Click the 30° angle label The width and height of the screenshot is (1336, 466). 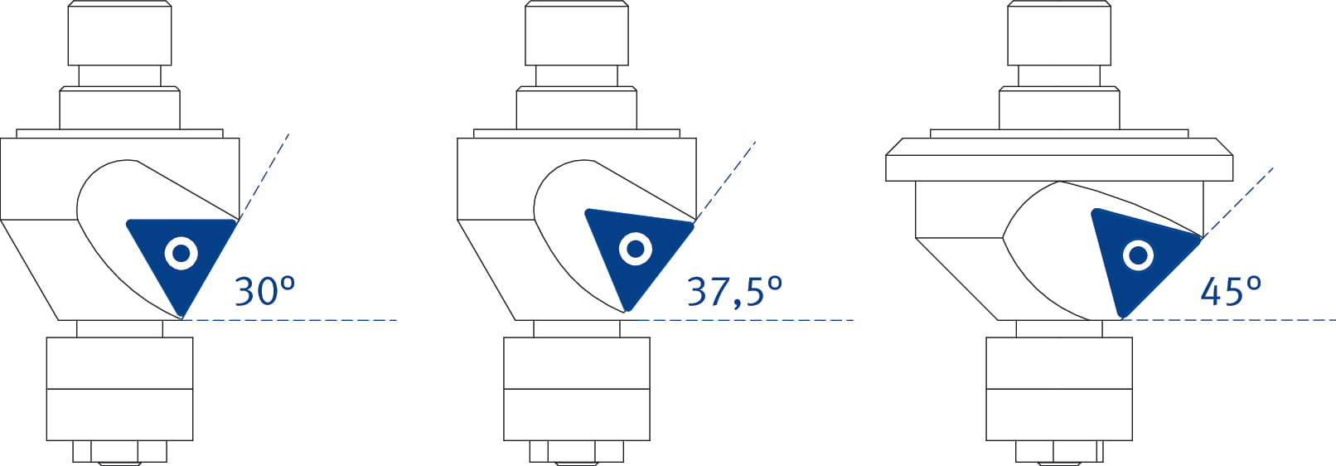click(265, 291)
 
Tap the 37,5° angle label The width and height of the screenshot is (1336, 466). click(735, 292)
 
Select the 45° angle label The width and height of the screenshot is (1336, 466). click(1231, 292)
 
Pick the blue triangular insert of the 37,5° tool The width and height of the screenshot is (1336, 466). click(633, 254)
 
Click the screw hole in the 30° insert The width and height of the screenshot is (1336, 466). click(182, 254)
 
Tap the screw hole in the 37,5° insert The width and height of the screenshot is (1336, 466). click(635, 249)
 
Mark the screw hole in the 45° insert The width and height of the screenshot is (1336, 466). click(1138, 255)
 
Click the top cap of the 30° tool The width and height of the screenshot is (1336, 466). click(120, 33)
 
